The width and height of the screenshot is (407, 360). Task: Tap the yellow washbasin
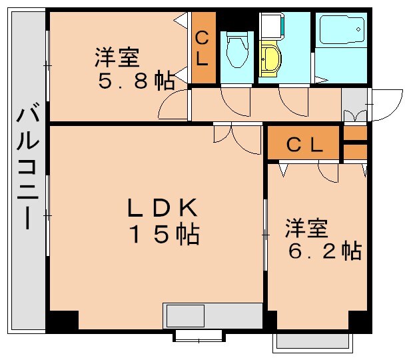coord(271,59)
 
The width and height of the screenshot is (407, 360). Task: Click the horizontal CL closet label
coord(304,144)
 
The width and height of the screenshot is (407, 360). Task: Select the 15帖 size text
coord(163,235)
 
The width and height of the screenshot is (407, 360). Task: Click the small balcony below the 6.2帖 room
coord(312,341)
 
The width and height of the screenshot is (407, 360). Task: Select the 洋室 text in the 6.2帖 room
coord(306,229)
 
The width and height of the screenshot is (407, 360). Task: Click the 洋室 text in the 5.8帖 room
coord(117,57)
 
